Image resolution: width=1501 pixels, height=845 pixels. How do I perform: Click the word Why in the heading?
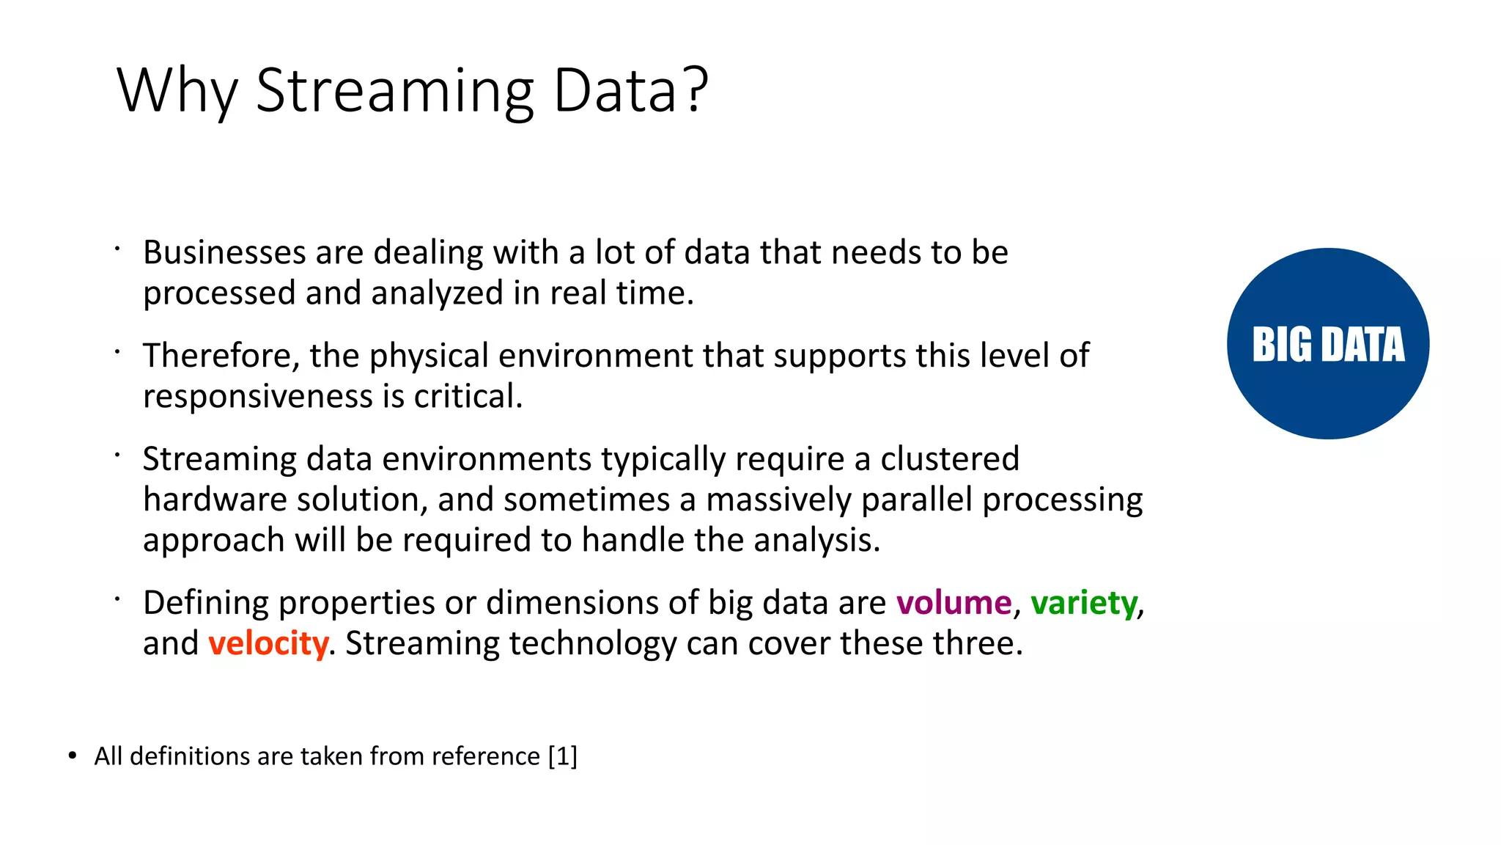[x=177, y=91]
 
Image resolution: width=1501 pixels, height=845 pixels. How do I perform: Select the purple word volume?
[x=954, y=603]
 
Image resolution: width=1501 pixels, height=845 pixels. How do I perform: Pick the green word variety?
[x=1083, y=603]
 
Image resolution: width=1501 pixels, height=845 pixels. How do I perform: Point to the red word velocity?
[x=268, y=643]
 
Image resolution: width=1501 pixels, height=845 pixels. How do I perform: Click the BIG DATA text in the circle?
[x=1328, y=344]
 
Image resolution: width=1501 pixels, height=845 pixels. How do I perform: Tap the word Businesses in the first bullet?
[x=224, y=252]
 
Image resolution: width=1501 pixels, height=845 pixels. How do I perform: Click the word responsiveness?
[x=258, y=396]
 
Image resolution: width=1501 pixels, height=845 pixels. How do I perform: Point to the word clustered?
[x=949, y=459]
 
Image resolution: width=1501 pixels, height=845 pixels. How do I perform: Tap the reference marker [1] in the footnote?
[x=562, y=756]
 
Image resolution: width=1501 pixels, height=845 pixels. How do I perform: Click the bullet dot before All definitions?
[x=72, y=756]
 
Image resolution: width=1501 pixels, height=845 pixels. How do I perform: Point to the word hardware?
[x=215, y=500]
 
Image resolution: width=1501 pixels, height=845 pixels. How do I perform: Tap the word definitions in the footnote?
[x=189, y=756]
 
